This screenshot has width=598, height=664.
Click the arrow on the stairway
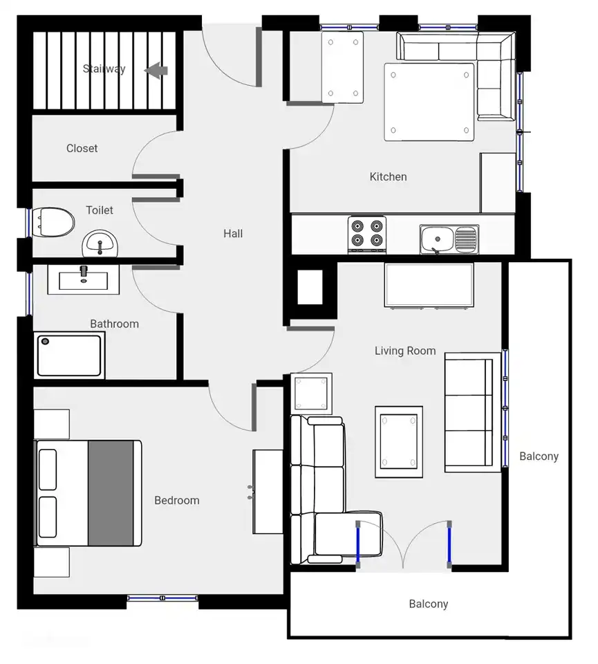click(156, 71)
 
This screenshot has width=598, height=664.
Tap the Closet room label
click(82, 148)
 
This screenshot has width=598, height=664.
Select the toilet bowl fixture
click(53, 222)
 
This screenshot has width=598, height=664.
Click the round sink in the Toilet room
click(100, 244)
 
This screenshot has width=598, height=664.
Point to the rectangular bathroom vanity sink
click(84, 279)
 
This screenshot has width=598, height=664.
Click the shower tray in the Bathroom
click(69, 356)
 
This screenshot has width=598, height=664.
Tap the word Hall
click(233, 233)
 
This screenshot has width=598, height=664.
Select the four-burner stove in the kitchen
click(367, 234)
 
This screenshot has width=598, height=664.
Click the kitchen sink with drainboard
click(449, 239)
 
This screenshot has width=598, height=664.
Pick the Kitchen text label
click(388, 176)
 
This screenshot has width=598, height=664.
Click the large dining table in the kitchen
click(429, 102)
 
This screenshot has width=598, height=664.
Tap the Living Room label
click(405, 351)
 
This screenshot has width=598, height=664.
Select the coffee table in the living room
click(399, 442)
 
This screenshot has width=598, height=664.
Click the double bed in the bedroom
click(88, 493)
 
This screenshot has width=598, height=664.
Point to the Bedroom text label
click(177, 500)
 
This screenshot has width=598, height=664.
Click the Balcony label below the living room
click(429, 604)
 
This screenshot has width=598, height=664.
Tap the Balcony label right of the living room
click(539, 456)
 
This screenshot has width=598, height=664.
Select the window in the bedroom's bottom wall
click(162, 598)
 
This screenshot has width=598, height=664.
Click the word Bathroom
click(114, 324)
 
